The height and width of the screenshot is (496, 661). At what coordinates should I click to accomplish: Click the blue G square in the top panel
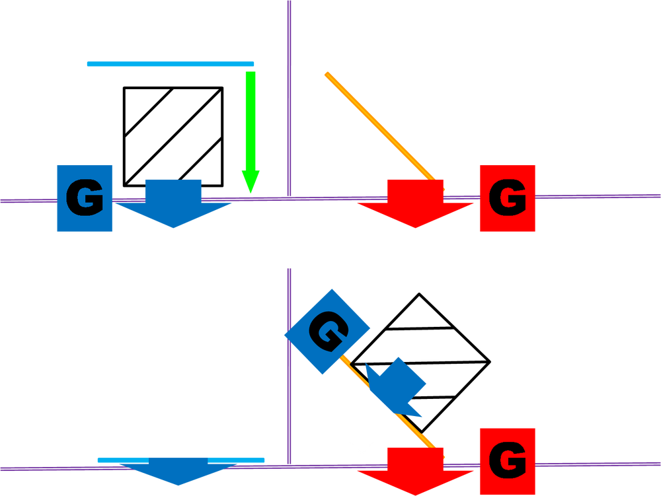click(x=84, y=197)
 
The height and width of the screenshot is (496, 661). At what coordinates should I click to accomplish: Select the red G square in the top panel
click(x=507, y=197)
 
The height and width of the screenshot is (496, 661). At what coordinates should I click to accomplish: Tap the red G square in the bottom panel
click(x=507, y=461)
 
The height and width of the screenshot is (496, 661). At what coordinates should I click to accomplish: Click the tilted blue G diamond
click(x=327, y=332)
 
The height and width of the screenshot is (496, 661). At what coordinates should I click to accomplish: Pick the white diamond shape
click(x=358, y=415)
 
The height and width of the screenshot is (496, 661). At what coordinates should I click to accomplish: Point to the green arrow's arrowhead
click(x=251, y=182)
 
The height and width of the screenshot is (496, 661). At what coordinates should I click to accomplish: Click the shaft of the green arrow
click(x=251, y=119)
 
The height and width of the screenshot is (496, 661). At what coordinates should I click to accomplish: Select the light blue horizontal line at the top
click(x=171, y=63)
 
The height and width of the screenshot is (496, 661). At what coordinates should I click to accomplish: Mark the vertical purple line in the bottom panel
click(x=289, y=363)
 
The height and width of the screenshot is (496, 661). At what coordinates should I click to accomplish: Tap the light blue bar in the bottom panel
click(x=238, y=460)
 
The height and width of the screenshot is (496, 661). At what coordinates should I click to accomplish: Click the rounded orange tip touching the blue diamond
click(x=344, y=359)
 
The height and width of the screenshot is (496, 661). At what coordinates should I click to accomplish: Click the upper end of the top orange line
click(x=327, y=75)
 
